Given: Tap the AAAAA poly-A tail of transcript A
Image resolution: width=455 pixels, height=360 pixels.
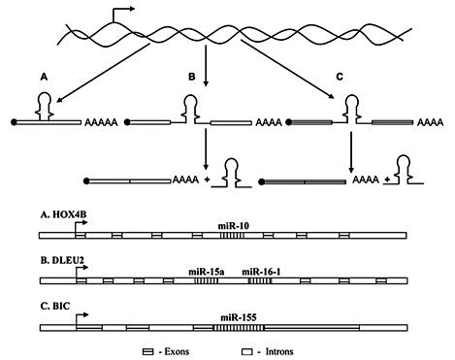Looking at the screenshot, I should coord(104,125).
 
